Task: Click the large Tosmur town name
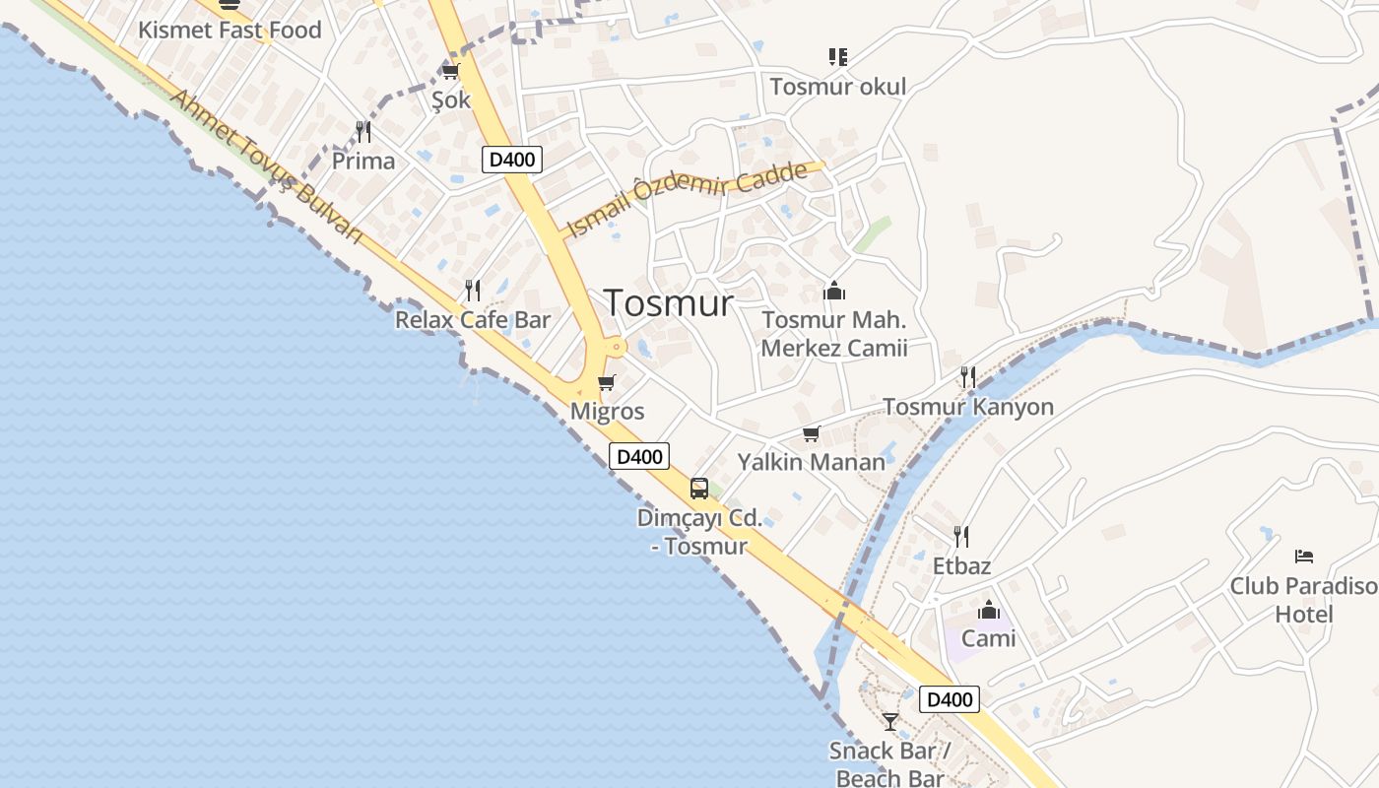point(669,302)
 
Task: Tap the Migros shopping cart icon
point(607,382)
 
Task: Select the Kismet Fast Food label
point(230,30)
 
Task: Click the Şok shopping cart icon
point(451,71)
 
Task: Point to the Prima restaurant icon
point(363,131)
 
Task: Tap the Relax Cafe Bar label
point(473,319)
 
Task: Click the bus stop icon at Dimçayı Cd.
point(699,488)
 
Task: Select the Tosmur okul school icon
point(837,57)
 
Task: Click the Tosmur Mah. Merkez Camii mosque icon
point(834,291)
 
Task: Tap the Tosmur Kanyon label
point(968,407)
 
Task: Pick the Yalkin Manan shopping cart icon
point(812,433)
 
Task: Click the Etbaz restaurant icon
point(961,537)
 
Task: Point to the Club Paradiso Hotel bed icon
point(1304,557)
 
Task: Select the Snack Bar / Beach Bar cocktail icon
point(890,722)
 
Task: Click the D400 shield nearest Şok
point(512,160)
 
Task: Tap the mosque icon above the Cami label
point(988,610)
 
